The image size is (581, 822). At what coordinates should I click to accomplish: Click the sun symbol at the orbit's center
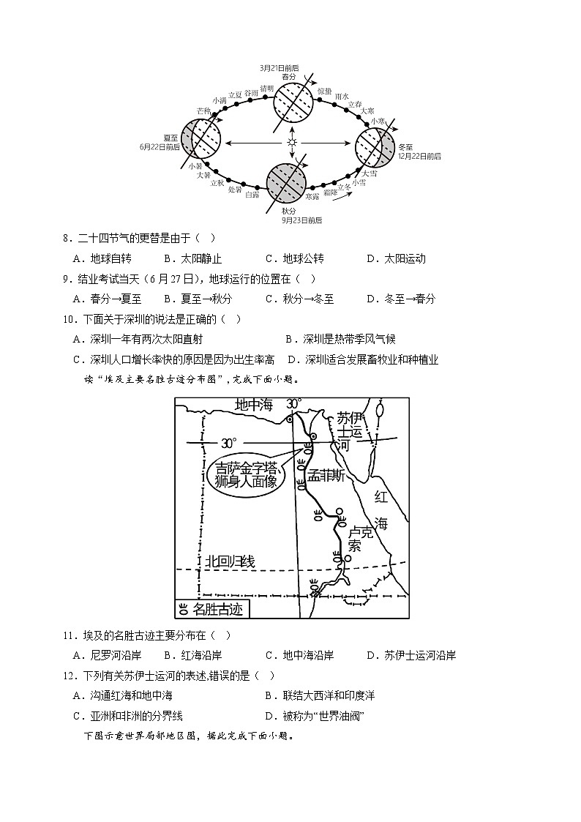[292, 141]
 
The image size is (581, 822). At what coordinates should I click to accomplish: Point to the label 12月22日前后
[419, 156]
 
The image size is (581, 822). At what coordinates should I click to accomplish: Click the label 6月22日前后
[160, 146]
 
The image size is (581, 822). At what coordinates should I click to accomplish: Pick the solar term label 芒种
[203, 111]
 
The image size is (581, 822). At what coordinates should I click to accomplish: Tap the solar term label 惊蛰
[325, 90]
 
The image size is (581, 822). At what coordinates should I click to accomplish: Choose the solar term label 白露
[252, 195]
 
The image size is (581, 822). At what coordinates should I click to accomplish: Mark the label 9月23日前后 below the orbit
[302, 220]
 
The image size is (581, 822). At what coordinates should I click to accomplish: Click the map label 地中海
[253, 404]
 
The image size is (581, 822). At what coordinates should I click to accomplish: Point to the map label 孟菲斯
[326, 476]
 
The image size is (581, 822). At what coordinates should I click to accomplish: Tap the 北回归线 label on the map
[230, 561]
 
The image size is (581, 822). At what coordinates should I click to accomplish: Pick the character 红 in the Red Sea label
[381, 497]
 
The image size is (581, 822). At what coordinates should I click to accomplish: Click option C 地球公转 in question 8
[295, 258]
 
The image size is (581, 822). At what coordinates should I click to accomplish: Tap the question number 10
[70, 319]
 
